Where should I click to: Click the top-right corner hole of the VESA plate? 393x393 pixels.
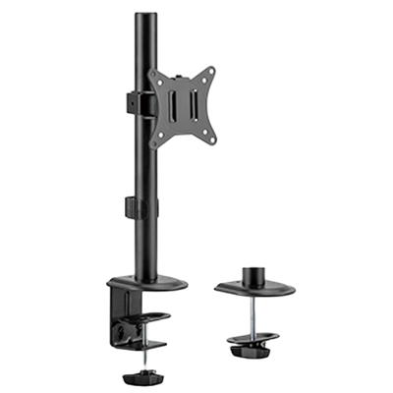[x=236, y=65]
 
